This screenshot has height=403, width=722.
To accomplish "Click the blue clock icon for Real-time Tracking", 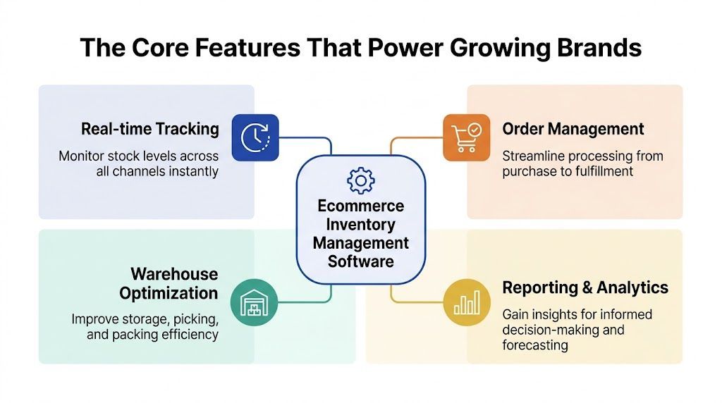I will [x=255, y=137].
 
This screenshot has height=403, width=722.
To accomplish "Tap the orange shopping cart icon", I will [x=466, y=137].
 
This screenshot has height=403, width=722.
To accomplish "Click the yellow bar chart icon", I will [x=466, y=302].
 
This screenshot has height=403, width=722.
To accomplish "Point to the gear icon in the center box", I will [x=361, y=180].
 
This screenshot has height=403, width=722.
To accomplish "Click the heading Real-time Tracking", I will [x=149, y=129].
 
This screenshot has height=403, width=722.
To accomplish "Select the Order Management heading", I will [x=573, y=129].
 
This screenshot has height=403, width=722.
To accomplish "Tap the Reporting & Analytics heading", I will [x=585, y=287].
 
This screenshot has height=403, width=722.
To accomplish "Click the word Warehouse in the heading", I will [x=174, y=274].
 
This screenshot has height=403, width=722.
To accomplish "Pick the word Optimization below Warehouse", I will [x=169, y=293].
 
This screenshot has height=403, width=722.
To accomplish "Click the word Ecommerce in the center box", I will [x=361, y=206].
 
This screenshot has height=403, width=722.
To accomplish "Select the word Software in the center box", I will [x=361, y=261].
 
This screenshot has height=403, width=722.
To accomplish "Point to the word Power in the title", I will [x=391, y=48].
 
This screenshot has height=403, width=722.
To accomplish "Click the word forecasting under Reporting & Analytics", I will [x=534, y=345].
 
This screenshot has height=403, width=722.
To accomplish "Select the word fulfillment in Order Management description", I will [x=599, y=171].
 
